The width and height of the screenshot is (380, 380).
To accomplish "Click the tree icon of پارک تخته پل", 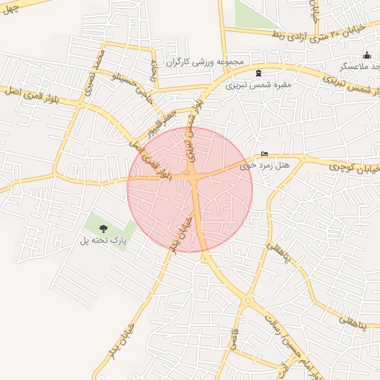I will pos(103,229).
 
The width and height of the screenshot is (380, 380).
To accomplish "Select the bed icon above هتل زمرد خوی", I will pos(265,154).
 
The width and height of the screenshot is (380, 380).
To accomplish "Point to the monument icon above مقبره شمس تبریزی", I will pos(258,73).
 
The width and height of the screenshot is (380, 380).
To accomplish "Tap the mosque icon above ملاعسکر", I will pos(367,56).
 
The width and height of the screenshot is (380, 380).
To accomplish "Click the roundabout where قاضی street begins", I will pos(246,301).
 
